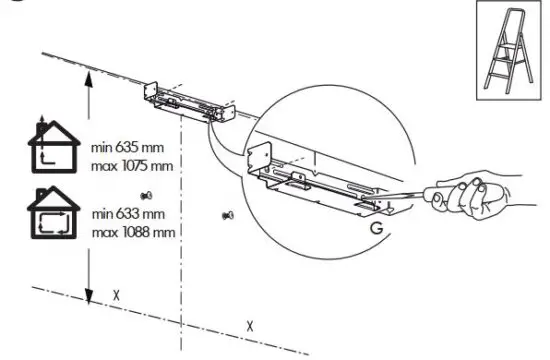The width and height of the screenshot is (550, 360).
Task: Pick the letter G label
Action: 375,228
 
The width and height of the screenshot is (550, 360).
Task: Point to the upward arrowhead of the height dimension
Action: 89,86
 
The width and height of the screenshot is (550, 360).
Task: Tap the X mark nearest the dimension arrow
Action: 116,296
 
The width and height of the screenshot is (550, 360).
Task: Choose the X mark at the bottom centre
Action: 250,326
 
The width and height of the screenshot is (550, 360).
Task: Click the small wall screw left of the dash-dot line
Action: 146,194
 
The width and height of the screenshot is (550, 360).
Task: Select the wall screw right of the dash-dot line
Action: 225,214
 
